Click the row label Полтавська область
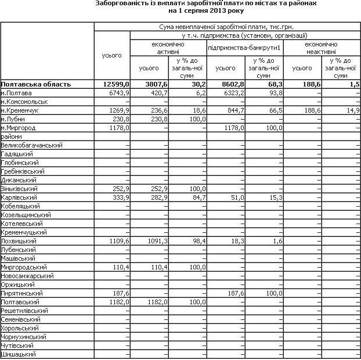pos(36,84)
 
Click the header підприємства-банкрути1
pos(244,45)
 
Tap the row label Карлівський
pos(19,197)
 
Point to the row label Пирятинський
pos(20,294)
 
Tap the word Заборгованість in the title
pos(122,3)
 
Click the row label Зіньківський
pos(20,189)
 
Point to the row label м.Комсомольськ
pos(24,101)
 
